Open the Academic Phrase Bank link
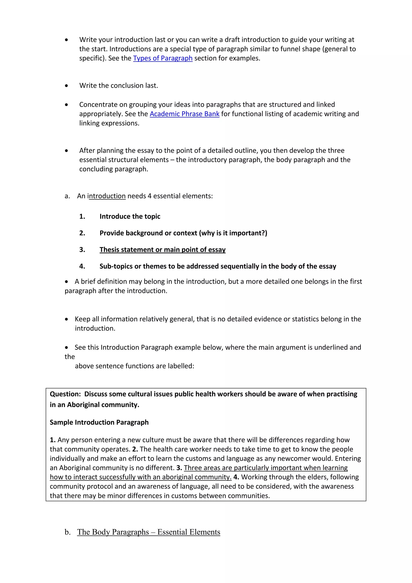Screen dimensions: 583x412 (x=184, y=114)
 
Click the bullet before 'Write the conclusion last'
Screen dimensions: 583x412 (x=66, y=86)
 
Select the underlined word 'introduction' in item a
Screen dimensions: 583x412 (x=107, y=196)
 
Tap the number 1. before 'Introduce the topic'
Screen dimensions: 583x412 (x=82, y=216)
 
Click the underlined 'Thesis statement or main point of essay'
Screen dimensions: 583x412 (x=162, y=250)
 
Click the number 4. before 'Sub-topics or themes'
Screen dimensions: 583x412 (x=82, y=266)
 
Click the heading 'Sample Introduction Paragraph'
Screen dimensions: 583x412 (x=99, y=422)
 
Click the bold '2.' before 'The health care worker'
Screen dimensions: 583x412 (x=135, y=449)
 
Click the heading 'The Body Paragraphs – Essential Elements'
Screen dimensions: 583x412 (x=149, y=532)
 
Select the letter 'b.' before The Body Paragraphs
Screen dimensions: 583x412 (x=67, y=532)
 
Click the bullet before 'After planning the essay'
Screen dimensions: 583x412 (x=66, y=151)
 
